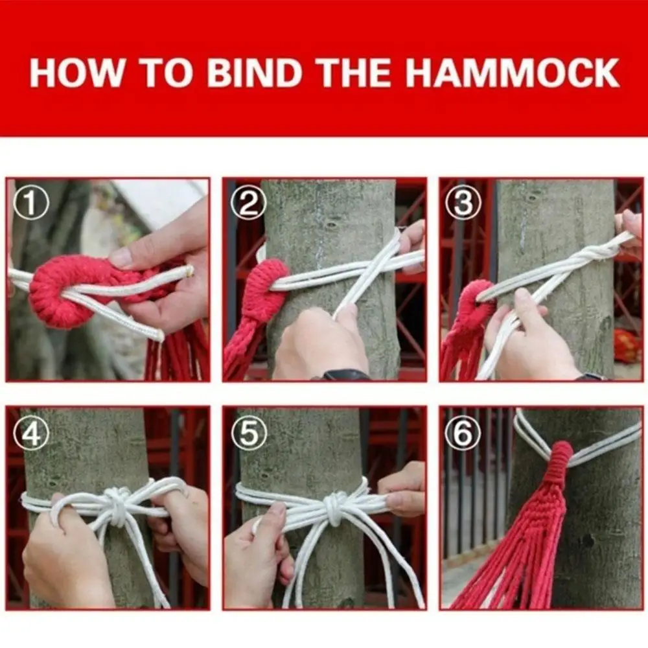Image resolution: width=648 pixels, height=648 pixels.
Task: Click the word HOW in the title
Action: coord(76,73)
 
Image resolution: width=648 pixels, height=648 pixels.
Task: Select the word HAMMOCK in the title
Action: coord(512,73)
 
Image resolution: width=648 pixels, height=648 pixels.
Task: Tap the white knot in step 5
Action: coord(336,504)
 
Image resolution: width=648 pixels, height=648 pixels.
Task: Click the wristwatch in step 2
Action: coord(346,375)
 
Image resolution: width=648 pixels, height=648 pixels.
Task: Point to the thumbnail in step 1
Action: coord(122,257)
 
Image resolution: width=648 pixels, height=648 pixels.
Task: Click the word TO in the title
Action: coord(166,73)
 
